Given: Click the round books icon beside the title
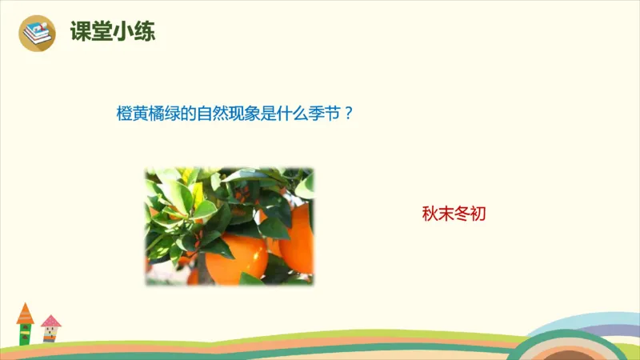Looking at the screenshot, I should click(x=36, y=33).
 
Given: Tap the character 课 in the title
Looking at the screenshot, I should click(x=81, y=32).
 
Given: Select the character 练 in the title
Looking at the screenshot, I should click(x=144, y=32).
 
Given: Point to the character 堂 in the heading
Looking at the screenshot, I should click(x=102, y=32).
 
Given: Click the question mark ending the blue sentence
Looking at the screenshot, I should click(x=348, y=114).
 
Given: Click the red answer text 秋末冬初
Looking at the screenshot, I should click(x=454, y=214).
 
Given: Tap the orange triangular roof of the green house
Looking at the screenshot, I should click(x=25, y=311).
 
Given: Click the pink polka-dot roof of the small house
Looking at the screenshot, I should click(x=50, y=322).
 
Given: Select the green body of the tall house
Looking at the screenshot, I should click(x=25, y=333).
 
